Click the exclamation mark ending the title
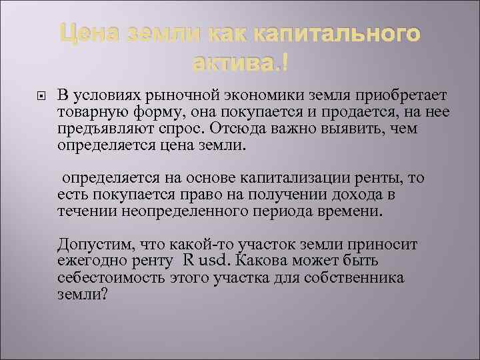pyautogui.click(x=285, y=64)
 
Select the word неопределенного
pyautogui.click(x=177, y=212)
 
